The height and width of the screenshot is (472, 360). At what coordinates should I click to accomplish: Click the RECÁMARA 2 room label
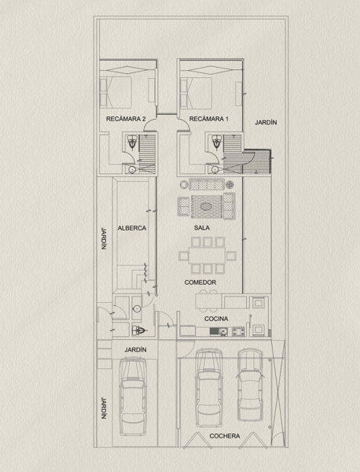pyautogui.click(x=126, y=119)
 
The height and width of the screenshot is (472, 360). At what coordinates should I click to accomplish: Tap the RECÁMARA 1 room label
pyautogui.click(x=209, y=119)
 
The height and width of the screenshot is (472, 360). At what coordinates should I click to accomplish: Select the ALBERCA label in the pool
pyautogui.click(x=132, y=228)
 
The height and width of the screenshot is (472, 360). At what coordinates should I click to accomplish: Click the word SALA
pyautogui.click(x=202, y=227)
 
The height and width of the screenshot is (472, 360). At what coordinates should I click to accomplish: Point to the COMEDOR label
pyautogui.click(x=200, y=282)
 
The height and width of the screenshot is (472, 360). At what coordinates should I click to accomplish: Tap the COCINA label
pyautogui.click(x=216, y=319)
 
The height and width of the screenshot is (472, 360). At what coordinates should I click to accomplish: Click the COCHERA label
pyautogui.click(x=225, y=436)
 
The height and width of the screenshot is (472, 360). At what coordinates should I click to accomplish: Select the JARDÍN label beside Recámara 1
pyautogui.click(x=266, y=123)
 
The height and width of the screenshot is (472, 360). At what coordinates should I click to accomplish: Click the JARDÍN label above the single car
pyautogui.click(x=136, y=350)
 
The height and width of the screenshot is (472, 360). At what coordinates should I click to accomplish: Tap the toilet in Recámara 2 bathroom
pyautogui.click(x=132, y=142)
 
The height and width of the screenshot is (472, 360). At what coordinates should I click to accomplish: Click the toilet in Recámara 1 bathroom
pyautogui.click(x=216, y=142)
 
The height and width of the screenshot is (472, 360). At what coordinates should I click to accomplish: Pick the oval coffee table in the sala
pyautogui.click(x=206, y=206)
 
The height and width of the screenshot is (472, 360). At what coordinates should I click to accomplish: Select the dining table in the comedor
pyautogui.click(x=208, y=255)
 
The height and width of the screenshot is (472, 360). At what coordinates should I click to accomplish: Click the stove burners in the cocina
pyautogui.click(x=238, y=331)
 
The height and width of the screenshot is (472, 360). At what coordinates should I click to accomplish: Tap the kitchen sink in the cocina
pyautogui.click(x=219, y=332)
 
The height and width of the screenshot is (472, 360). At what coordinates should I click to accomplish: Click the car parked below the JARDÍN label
pyautogui.click(x=133, y=396)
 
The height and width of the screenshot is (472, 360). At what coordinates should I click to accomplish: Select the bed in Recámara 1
pyautogui.click(x=196, y=92)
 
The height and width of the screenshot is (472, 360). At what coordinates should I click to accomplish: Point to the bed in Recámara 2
pyautogui.click(x=116, y=92)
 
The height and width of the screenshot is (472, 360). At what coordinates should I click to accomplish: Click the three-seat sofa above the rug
pyautogui.click(x=207, y=184)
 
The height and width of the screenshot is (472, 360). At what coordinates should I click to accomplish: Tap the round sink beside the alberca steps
pyautogui.click(x=137, y=308)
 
